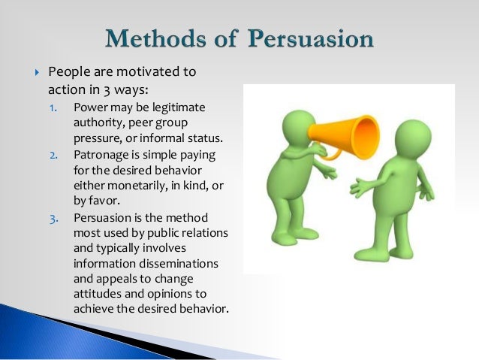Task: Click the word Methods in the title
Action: coord(153,37)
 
